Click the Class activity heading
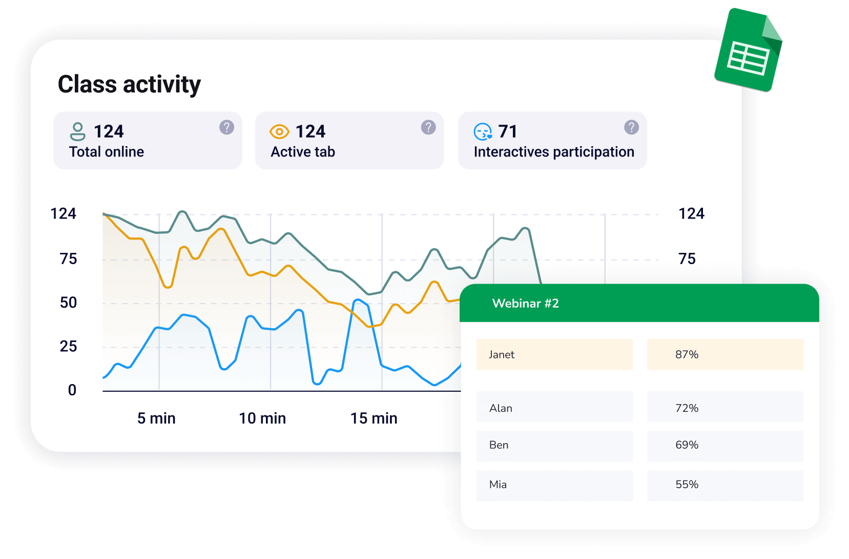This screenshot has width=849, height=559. [129, 85]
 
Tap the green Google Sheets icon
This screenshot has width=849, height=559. [749, 51]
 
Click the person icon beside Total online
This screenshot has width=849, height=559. [77, 131]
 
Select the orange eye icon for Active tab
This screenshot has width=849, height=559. [279, 132]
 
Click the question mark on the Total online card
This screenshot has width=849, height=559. [226, 127]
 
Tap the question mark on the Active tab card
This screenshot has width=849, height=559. [428, 127]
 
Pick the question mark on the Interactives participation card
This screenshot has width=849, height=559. [631, 127]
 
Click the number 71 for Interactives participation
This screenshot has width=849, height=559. [508, 132]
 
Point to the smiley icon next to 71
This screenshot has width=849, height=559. [483, 132]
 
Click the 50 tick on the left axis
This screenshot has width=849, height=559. [68, 303]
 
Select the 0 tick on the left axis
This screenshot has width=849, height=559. [72, 390]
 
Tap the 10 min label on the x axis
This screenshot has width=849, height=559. [262, 418]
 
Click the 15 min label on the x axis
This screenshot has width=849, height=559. [374, 418]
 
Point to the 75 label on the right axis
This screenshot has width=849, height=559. [687, 259]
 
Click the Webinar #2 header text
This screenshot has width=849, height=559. [525, 304]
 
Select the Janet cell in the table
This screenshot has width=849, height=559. [554, 354]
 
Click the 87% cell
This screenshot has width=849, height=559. [725, 354]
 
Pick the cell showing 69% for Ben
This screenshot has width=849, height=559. [725, 445]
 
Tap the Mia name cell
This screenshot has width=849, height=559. [554, 485]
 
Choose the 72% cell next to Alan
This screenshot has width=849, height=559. [725, 408]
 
